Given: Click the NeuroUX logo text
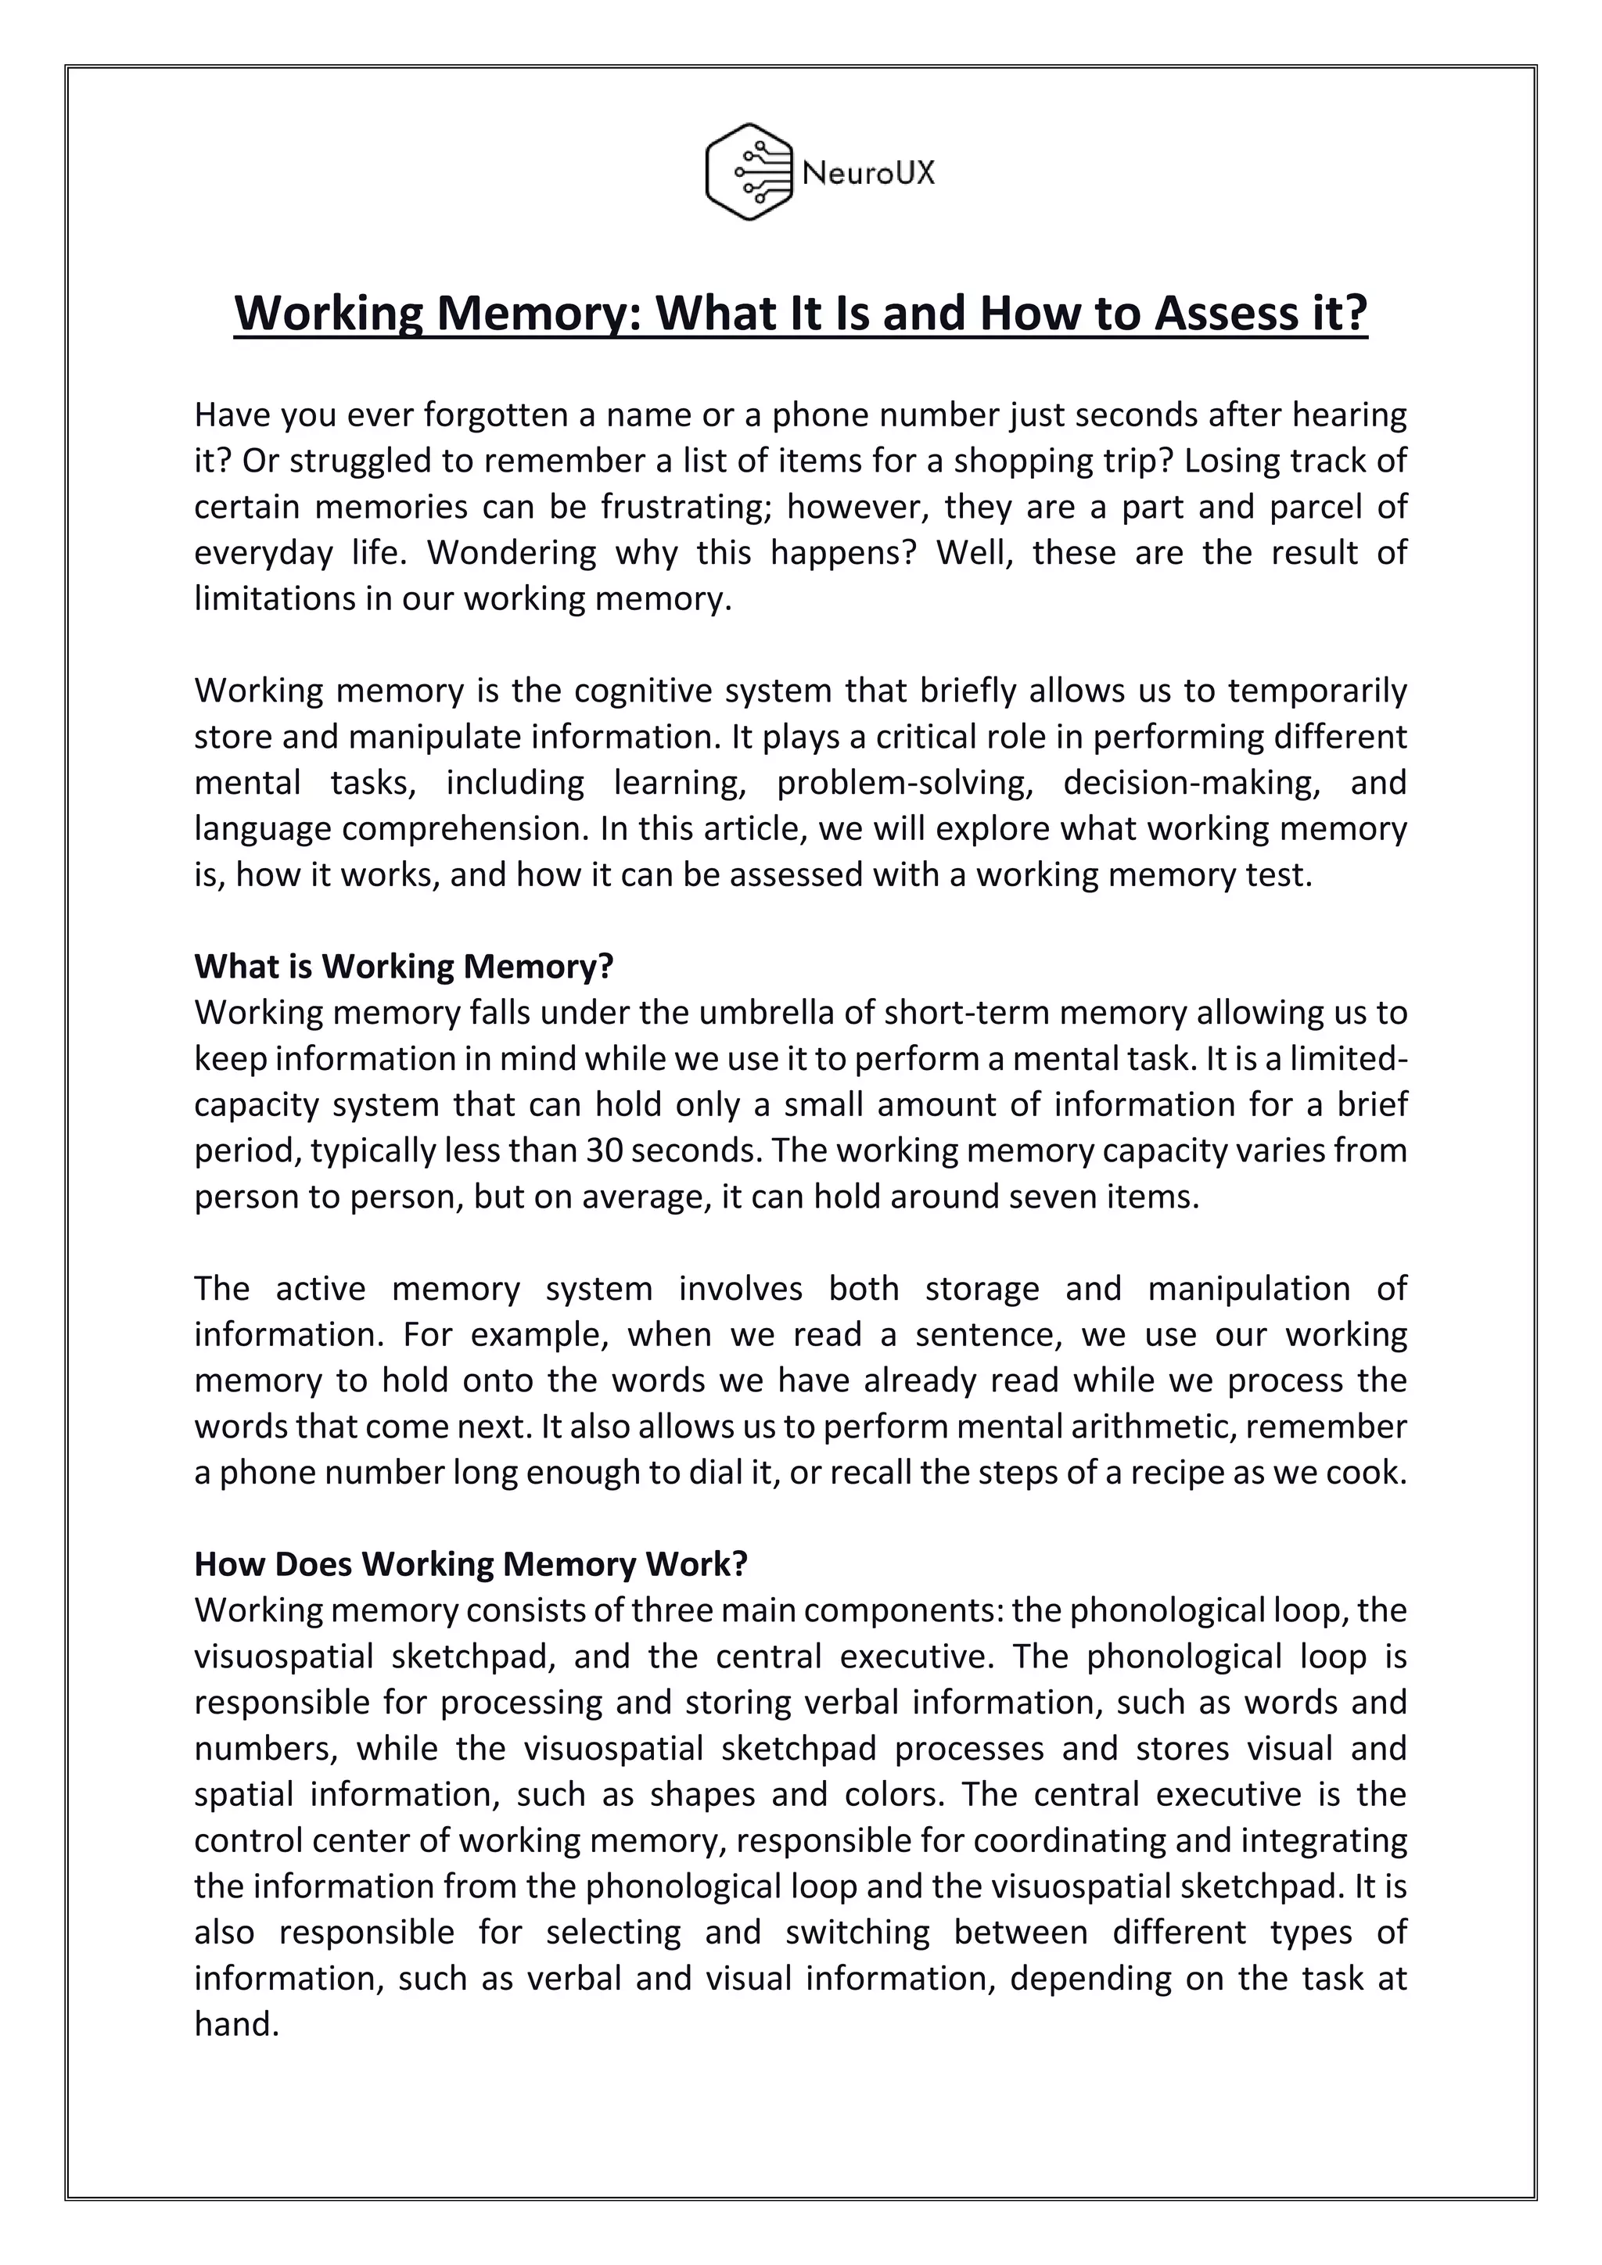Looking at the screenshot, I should click(x=868, y=174).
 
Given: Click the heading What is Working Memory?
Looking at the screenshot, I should click(x=404, y=966).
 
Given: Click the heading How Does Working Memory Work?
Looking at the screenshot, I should click(x=471, y=1563).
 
